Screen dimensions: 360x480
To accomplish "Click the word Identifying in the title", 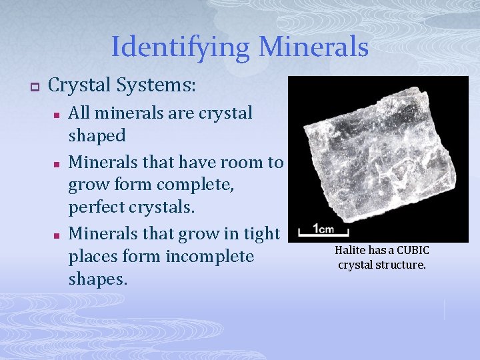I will tap(179, 47).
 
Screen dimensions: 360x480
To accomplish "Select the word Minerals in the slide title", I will tap(313, 47).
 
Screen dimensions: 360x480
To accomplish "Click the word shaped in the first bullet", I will tap(97, 136).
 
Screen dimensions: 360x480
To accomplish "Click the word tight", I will tap(261, 233).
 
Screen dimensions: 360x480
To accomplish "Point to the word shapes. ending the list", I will tap(97, 280).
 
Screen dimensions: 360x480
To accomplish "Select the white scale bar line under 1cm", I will tap(323, 233).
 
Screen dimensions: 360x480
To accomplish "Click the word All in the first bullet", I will tap(81, 113).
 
